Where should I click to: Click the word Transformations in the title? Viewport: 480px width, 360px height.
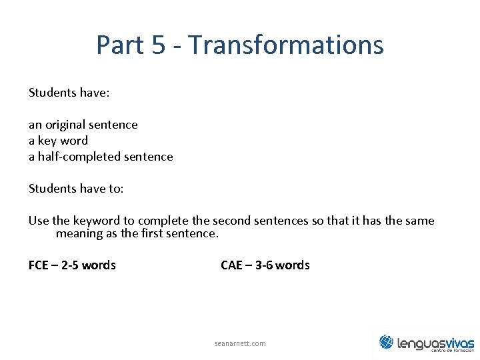286,45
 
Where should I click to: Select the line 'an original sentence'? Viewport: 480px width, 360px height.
83,125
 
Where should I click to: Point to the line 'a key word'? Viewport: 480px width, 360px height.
58,141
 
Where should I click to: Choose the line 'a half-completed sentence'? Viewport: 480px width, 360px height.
101,157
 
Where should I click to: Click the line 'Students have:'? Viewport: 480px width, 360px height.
69,93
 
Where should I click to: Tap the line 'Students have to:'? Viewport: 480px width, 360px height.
76,189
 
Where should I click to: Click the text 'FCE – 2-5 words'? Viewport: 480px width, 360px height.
72,265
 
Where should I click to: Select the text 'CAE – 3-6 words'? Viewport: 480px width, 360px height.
265,265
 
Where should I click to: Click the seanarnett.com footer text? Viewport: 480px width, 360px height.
240,343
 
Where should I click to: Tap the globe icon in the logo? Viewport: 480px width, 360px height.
386,342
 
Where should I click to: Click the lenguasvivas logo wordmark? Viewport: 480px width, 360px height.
435,343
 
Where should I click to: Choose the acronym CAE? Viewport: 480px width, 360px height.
231,265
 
